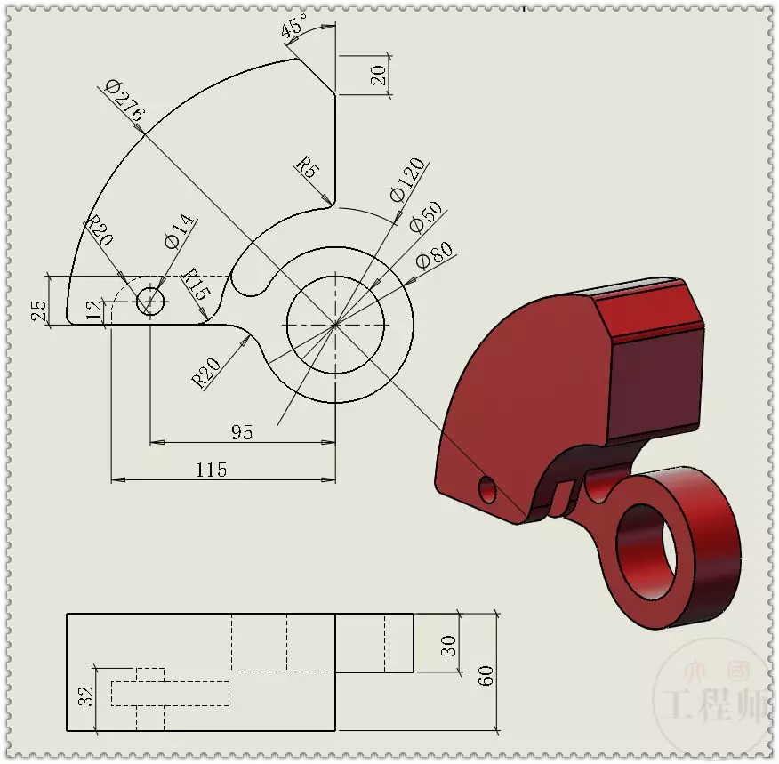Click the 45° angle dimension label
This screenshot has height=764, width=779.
tap(294, 25)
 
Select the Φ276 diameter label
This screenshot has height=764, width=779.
tap(125, 101)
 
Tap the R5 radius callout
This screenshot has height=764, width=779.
tap(307, 167)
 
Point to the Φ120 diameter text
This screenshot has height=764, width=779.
tap(408, 180)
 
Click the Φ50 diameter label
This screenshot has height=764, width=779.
tap(426, 217)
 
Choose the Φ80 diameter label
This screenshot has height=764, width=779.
tap(434, 255)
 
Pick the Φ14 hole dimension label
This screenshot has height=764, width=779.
tap(179, 231)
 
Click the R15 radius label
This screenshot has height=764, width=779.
tap(197, 284)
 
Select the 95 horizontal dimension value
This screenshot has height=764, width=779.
tap(242, 432)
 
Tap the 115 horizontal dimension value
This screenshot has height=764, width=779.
tap(212, 470)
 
